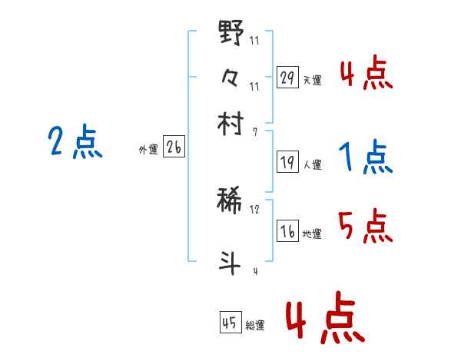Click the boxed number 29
click(x=287, y=78)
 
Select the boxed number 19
click(x=287, y=163)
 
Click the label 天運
click(x=312, y=80)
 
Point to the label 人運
click(x=312, y=164)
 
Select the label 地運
click(x=312, y=233)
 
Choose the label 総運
click(x=255, y=325)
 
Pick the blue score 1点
click(x=365, y=158)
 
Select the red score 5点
click(x=365, y=227)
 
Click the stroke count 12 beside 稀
click(x=254, y=209)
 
